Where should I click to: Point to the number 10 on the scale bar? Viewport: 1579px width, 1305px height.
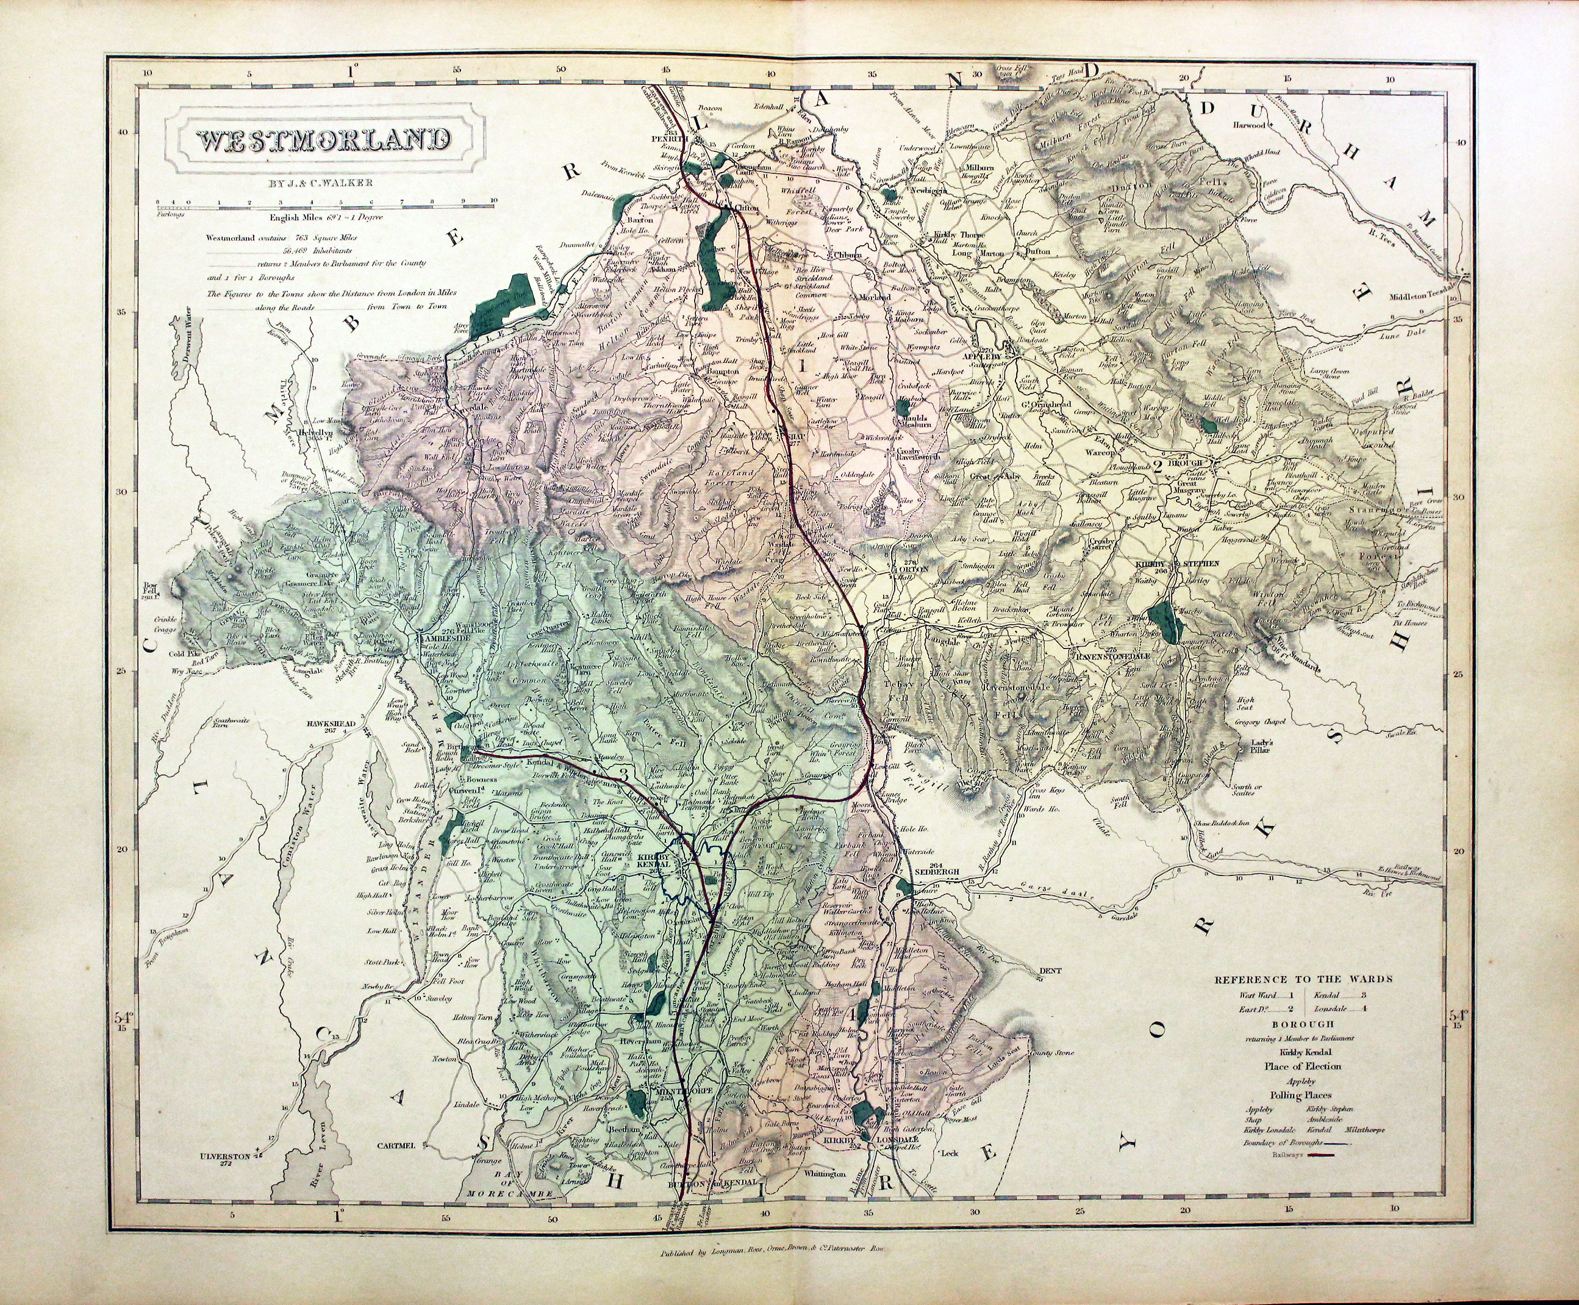(x=493, y=201)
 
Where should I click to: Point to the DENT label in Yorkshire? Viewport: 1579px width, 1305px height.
(x=1049, y=971)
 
